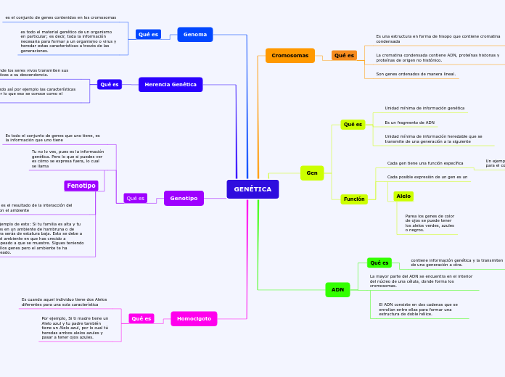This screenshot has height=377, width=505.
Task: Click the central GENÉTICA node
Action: pyautogui.click(x=252, y=189)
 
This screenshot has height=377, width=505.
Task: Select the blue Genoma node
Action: pyautogui.click(x=195, y=34)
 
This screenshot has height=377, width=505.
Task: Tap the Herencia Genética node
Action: pyautogui.click(x=171, y=84)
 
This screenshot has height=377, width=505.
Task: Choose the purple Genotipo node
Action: pyautogui.click(x=184, y=198)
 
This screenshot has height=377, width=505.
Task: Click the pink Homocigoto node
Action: pyautogui.click(x=194, y=318)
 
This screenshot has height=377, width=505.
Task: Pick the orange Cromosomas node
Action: pyautogui.click(x=290, y=55)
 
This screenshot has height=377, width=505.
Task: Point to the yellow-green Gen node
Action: pyautogui.click(x=312, y=173)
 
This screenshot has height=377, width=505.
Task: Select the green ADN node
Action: pyautogui.click(x=337, y=289)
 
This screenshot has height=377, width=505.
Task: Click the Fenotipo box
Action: pyautogui.click(x=81, y=186)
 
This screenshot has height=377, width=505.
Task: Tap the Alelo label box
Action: pyautogui.click(x=403, y=196)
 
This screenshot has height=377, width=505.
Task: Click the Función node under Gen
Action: pyautogui.click(x=354, y=199)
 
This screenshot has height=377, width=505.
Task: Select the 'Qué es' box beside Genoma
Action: pyautogui.click(x=148, y=34)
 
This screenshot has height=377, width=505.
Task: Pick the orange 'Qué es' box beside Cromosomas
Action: pyautogui.click(x=344, y=55)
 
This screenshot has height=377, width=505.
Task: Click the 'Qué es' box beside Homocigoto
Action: pyautogui.click(x=141, y=318)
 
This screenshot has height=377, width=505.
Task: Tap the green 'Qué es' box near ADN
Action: pyautogui.click(x=379, y=262)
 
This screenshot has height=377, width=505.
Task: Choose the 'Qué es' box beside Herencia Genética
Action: pyautogui.click(x=110, y=84)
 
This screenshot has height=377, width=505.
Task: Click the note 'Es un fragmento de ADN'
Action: pyautogui.click(x=409, y=123)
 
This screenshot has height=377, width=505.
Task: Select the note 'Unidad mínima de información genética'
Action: pyautogui.click(x=424, y=108)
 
